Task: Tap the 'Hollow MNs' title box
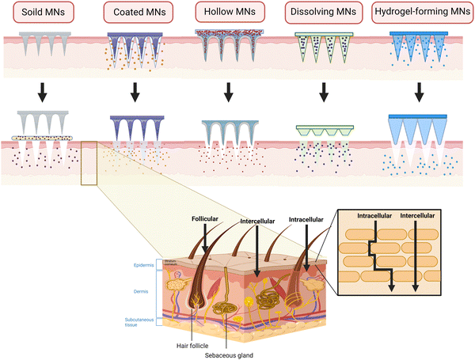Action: (x=229, y=12)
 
